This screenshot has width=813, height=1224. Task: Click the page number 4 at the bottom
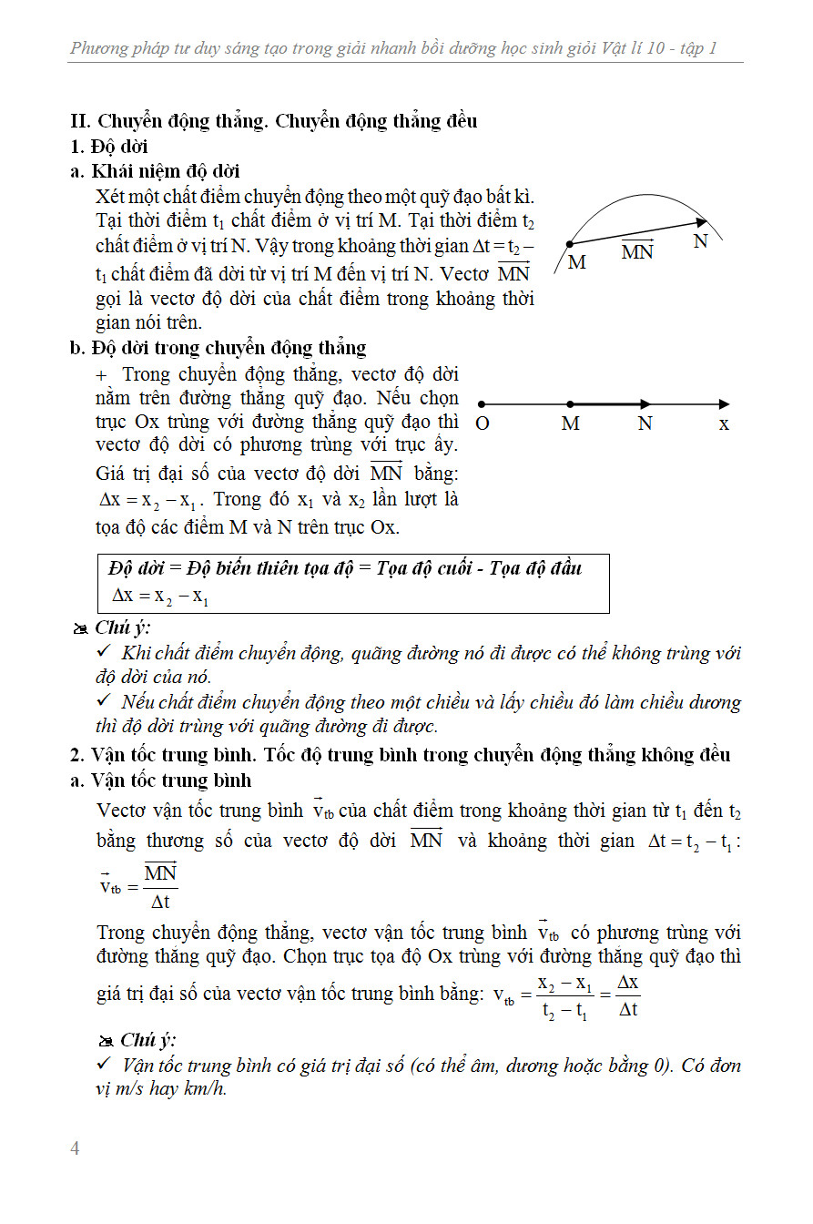(76, 1148)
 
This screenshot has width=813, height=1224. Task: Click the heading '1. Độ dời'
(109, 147)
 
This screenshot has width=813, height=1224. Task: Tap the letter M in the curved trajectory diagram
(576, 263)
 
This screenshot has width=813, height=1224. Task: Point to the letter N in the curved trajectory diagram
(700, 241)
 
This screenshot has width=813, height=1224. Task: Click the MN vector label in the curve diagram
(637, 250)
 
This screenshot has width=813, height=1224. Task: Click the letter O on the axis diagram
(483, 424)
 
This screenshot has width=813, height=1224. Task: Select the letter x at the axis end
(724, 424)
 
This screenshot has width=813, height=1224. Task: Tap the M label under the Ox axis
(571, 424)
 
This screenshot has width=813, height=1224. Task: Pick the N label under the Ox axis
(645, 424)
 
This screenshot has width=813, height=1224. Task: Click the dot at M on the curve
(570, 244)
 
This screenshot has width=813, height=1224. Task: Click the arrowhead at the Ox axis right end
(724, 403)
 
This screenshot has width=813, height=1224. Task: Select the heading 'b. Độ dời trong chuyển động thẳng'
(218, 347)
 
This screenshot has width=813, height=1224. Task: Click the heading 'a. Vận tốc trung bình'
(160, 780)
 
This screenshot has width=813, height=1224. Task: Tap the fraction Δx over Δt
(628, 996)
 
